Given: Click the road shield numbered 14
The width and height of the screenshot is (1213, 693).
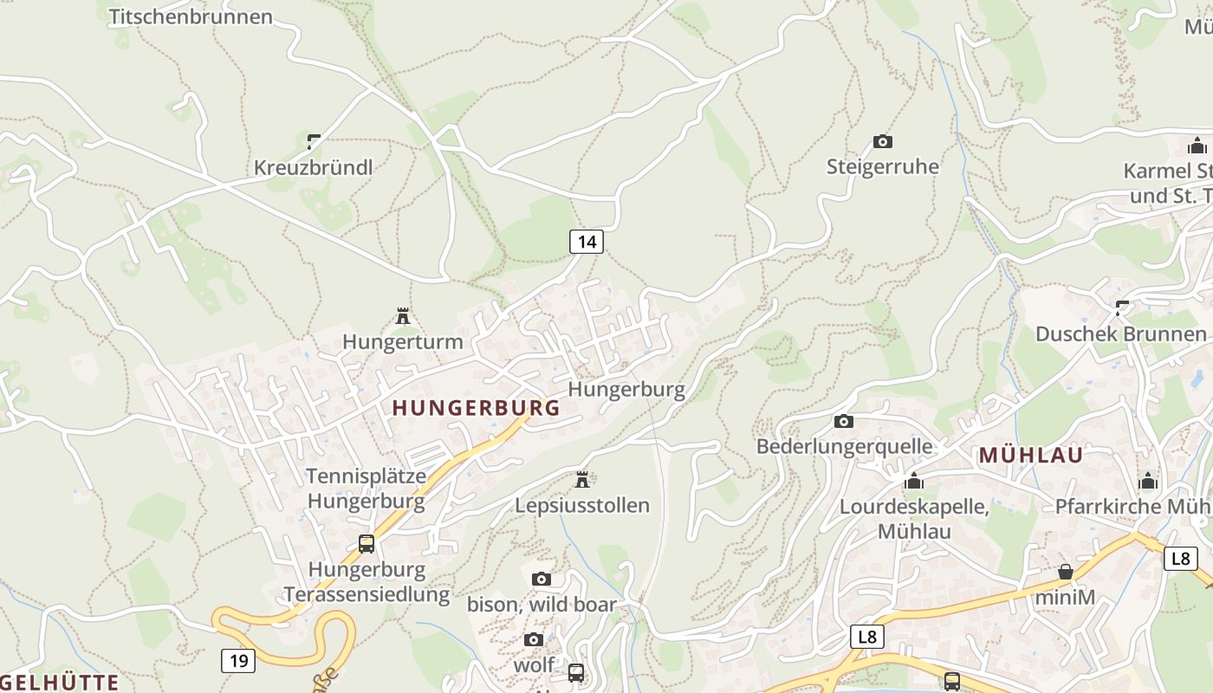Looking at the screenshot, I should tap(587, 242).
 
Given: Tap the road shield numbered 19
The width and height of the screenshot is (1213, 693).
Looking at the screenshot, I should tap(238, 661).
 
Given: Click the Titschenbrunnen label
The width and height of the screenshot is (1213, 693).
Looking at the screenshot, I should tap(191, 16).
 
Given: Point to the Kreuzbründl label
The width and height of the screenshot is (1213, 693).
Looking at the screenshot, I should tap(313, 167).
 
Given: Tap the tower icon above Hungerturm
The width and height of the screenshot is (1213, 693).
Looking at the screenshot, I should tap(403, 316).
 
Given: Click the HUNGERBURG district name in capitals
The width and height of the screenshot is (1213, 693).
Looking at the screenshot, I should tap(477, 408).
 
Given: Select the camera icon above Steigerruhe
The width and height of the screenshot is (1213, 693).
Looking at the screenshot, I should tap(882, 141).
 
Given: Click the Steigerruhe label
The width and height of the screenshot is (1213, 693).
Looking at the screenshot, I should tap(882, 166).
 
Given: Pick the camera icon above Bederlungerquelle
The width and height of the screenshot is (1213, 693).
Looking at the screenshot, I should tap(843, 422).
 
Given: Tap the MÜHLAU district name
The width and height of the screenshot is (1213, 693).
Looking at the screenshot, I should tap(1031, 456).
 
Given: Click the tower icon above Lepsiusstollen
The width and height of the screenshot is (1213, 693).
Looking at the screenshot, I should tap(582, 479).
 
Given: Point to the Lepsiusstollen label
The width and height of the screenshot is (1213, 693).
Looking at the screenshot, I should tap(582, 505).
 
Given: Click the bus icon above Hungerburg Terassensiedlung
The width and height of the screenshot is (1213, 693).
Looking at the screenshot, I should tap(366, 544).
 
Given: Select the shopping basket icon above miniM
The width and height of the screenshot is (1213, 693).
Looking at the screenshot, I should tap(1065, 572).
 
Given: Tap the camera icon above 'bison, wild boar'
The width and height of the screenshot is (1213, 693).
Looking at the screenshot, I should tap(542, 579).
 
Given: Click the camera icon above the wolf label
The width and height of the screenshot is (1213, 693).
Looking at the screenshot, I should tap(534, 639).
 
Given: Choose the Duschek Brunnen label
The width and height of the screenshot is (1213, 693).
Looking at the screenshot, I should tap(1120, 334).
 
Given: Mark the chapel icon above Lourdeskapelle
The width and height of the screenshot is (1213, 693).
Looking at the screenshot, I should tap(914, 481).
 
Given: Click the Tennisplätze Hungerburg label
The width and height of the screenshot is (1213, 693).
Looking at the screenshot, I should tap(366, 488).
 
